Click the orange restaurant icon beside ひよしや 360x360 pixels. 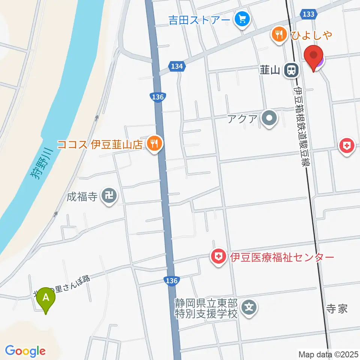click(x=278, y=35)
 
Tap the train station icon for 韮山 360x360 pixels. click(x=291, y=70)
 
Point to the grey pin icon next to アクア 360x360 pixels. click(x=270, y=120)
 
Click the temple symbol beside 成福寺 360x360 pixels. click(x=109, y=196)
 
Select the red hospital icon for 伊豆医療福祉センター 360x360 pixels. click(x=218, y=257)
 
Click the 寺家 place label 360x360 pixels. click(x=337, y=309)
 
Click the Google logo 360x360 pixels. click(x=25, y=351)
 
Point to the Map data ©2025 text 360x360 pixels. click(x=328, y=354)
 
